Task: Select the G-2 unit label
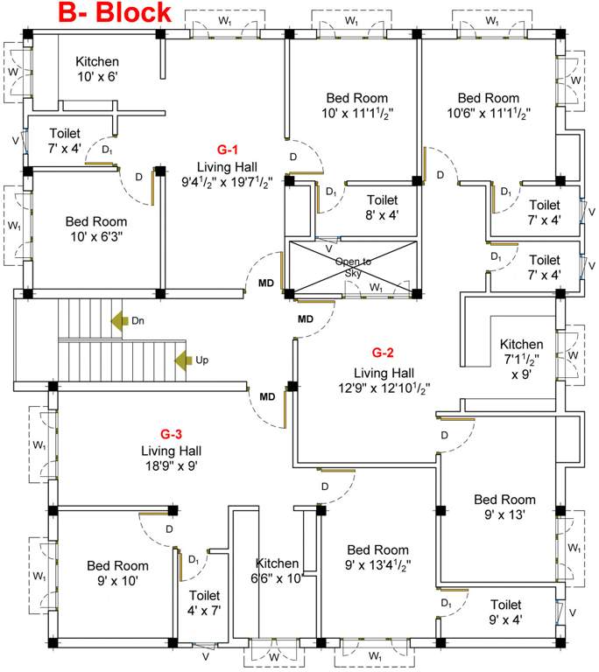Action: (383, 353)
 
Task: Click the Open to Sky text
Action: (353, 267)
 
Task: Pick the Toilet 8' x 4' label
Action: (382, 207)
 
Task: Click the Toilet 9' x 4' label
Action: (505, 612)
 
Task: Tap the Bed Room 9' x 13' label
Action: (504, 507)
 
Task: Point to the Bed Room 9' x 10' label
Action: (116, 573)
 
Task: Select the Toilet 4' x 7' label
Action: (206, 603)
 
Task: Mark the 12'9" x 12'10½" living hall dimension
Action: (383, 387)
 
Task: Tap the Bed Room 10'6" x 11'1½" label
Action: (488, 106)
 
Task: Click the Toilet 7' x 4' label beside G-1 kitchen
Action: (65, 141)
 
